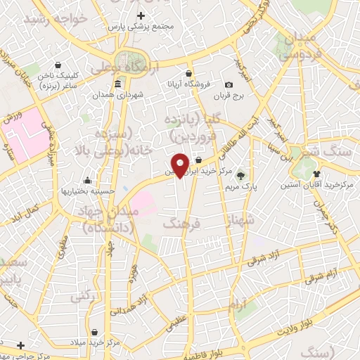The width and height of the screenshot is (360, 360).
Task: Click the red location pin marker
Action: pos(181,165)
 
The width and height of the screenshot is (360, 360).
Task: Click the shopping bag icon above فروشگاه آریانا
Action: pos(188,73)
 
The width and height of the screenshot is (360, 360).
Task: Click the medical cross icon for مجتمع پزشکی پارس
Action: pos(141,15)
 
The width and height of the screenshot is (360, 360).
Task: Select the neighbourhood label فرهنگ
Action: pos(181,223)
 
